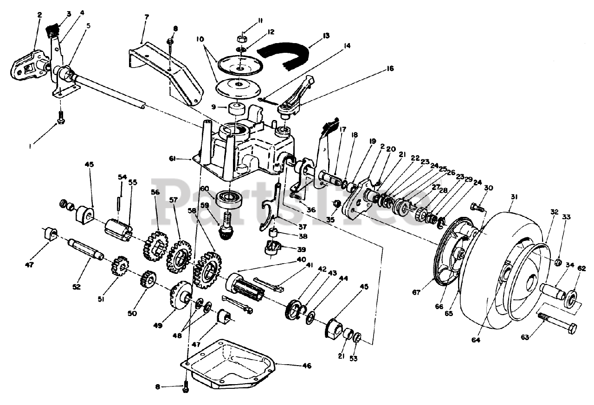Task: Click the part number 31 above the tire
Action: pos(514,197)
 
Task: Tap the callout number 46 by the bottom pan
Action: pos(306,366)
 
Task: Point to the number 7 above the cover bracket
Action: pos(146,17)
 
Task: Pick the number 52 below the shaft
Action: pos(77,287)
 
